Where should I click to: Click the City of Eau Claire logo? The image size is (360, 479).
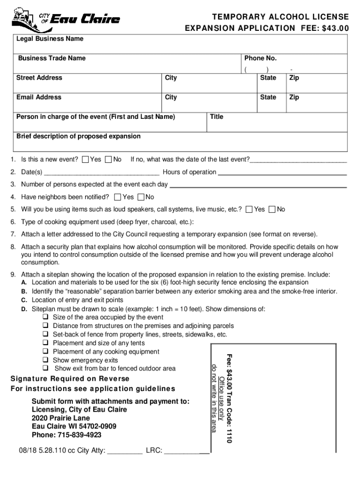click(x=65, y=19)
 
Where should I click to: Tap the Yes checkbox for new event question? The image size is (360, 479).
click(x=86, y=160)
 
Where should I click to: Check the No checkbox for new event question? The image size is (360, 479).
click(x=109, y=160)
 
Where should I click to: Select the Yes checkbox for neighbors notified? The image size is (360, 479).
click(x=118, y=197)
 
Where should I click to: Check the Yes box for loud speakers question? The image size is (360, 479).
click(x=250, y=209)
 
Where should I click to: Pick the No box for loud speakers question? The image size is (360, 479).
click(x=273, y=209)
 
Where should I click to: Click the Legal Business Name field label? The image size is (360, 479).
click(x=50, y=39)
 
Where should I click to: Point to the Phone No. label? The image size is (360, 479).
click(x=260, y=58)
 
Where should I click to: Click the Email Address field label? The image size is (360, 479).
click(x=39, y=97)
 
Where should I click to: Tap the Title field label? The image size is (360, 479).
click(x=216, y=117)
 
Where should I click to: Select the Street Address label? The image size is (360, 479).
click(x=39, y=78)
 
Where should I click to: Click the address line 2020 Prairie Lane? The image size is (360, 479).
click(x=61, y=418)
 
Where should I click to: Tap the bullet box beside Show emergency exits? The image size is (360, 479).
click(x=46, y=360)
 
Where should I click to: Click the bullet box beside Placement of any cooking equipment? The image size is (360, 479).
click(x=46, y=352)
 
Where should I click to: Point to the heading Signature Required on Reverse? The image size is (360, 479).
click(x=70, y=378)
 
